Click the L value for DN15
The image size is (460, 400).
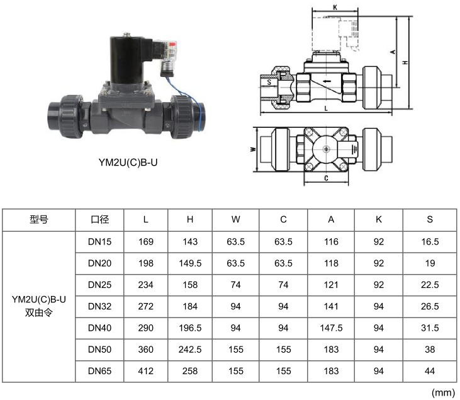coord(146,242)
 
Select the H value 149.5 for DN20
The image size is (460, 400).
coord(190,263)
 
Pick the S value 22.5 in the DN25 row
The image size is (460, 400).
coord(430,285)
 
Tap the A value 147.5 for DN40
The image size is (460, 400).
coord(331,328)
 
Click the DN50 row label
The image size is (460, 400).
coord(100,350)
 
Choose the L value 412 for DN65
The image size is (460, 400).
coord(146,371)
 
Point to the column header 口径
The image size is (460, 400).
coord(100,219)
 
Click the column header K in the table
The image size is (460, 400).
coord(378,219)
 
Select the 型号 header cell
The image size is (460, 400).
coord(39,219)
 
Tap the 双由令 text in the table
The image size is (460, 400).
coord(39,312)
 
